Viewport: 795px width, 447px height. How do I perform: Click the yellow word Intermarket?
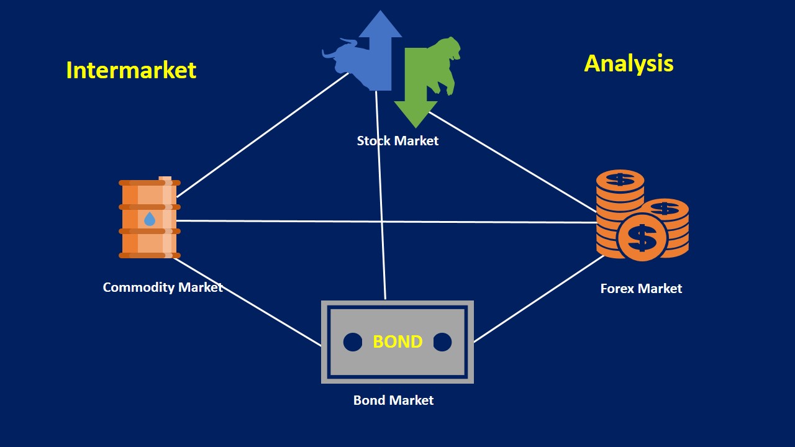pos(131,70)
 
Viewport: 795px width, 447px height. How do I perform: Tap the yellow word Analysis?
pos(629,63)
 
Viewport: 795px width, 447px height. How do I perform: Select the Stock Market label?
pos(397,141)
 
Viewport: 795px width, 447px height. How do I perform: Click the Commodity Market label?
pos(162,287)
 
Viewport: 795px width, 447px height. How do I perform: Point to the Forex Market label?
pos(641,289)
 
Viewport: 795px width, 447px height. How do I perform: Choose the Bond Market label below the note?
pos(393,400)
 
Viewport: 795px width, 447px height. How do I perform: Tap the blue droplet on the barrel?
pos(150,219)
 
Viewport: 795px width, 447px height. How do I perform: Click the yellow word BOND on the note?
pos(397,341)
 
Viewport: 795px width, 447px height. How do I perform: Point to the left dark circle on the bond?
pos(353,342)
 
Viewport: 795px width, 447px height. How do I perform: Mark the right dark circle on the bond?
pos(442,342)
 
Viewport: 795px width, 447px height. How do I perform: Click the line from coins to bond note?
pos(538,299)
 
